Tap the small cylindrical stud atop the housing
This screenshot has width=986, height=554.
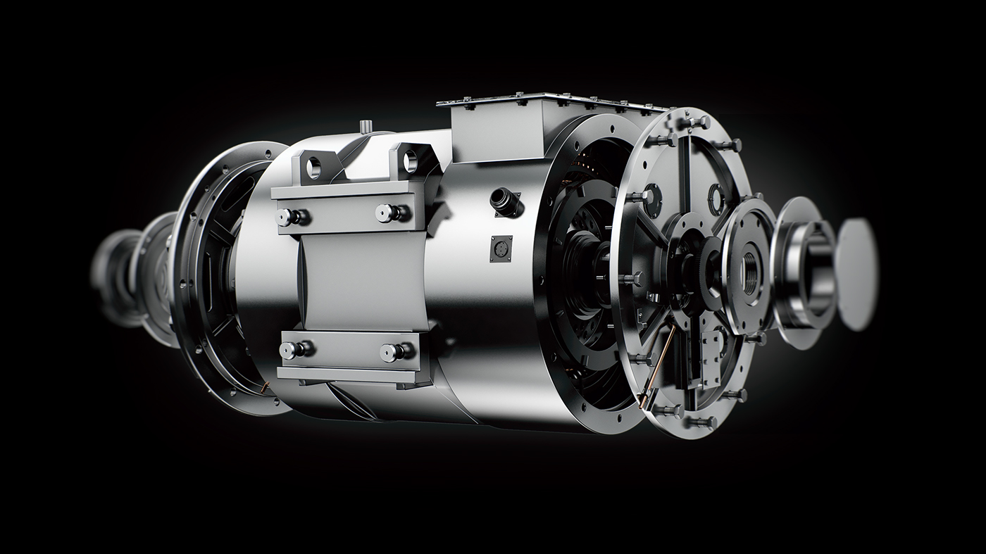click(365, 126)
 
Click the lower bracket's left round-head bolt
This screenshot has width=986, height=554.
click(289, 349)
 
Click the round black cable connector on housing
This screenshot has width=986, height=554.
click(506, 201)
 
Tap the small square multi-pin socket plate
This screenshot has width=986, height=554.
click(501, 248)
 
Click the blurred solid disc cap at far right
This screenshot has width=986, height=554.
click(859, 275)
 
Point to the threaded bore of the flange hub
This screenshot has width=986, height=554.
click(751, 269)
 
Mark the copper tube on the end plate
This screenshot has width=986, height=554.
click(659, 366)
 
